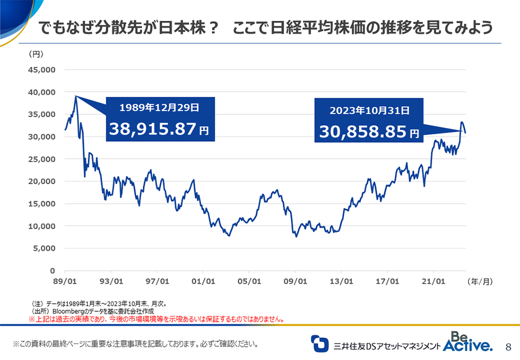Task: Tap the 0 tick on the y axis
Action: pyautogui.click(x=52, y=270)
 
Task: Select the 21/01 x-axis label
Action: pyautogui.click(x=434, y=281)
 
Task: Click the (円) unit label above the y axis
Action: pyautogui.click(x=32, y=53)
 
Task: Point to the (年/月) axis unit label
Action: pyautogui.click(x=480, y=281)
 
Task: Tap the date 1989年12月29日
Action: pyautogui.click(x=159, y=107)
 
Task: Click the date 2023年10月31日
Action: pyautogui.click(x=369, y=110)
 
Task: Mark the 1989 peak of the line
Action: pyautogui.click(x=76, y=96)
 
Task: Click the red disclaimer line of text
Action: pyautogui.click(x=156, y=319)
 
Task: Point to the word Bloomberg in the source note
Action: pyautogui.click(x=67, y=311)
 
